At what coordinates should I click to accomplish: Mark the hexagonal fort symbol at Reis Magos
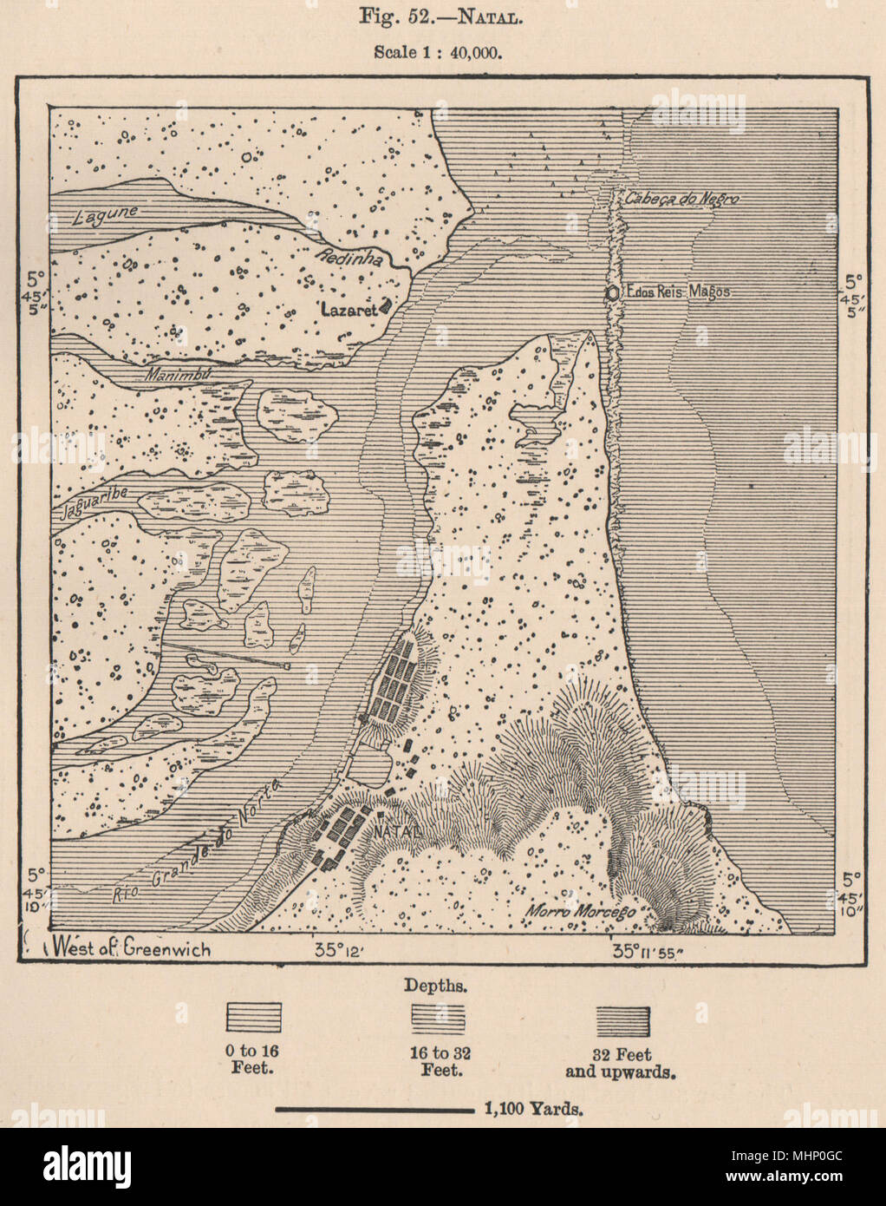pyautogui.click(x=614, y=293)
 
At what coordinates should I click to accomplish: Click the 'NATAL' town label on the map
pyautogui.click(x=398, y=830)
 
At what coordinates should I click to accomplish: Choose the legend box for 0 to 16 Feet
pyautogui.click(x=253, y=1017)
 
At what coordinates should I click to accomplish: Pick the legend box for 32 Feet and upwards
pyautogui.click(x=622, y=1017)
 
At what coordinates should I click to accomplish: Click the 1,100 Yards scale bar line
pyautogui.click(x=374, y=1110)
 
